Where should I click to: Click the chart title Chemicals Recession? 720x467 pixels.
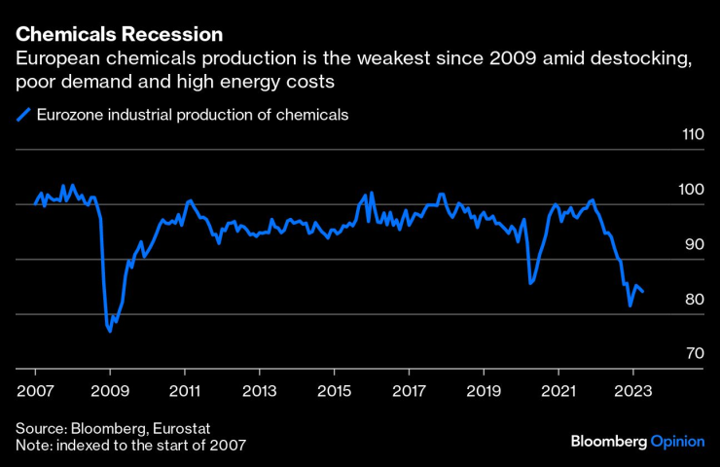pos(119,35)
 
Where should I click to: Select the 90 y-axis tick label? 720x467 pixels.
pos(695,244)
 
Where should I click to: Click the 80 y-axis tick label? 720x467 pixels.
pos(695,299)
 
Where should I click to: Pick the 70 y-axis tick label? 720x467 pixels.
pos(695,353)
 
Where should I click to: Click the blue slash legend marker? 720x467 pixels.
pos(23,115)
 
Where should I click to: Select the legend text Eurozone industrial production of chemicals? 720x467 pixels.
pos(192,115)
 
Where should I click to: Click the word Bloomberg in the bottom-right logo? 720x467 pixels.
pos(608,441)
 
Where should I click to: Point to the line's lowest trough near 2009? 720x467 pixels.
pos(110,332)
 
